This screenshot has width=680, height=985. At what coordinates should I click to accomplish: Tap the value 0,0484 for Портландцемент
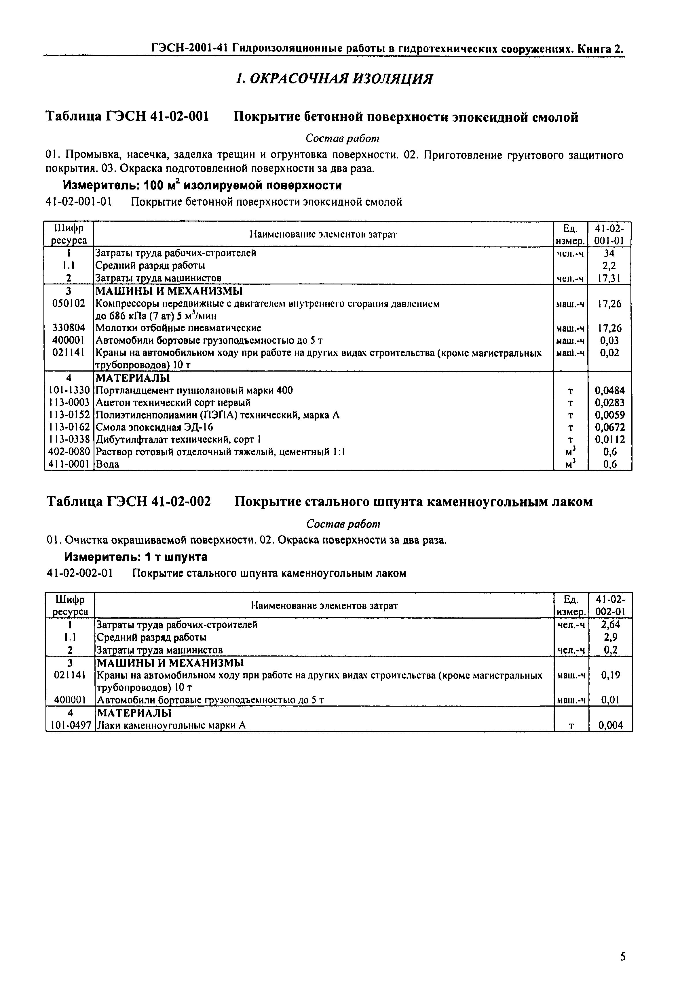coord(609,390)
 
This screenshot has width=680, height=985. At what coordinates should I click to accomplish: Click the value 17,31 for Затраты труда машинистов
coord(609,278)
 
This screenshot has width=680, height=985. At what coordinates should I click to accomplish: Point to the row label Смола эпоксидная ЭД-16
coord(154,427)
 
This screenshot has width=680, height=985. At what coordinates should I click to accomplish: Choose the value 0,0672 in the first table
coord(609,427)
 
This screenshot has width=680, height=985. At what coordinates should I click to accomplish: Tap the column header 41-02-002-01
coord(610,605)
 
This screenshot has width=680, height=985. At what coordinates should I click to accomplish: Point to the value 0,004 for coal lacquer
coord(610,725)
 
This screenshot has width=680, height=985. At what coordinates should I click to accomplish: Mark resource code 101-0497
coord(69,725)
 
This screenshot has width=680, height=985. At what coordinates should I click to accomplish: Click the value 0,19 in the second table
coord(610,675)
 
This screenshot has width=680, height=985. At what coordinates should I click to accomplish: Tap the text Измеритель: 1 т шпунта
coord(136,557)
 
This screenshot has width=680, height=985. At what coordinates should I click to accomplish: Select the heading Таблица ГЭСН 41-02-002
coord(128,502)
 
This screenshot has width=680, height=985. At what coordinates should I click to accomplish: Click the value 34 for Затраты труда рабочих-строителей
coord(609,253)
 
